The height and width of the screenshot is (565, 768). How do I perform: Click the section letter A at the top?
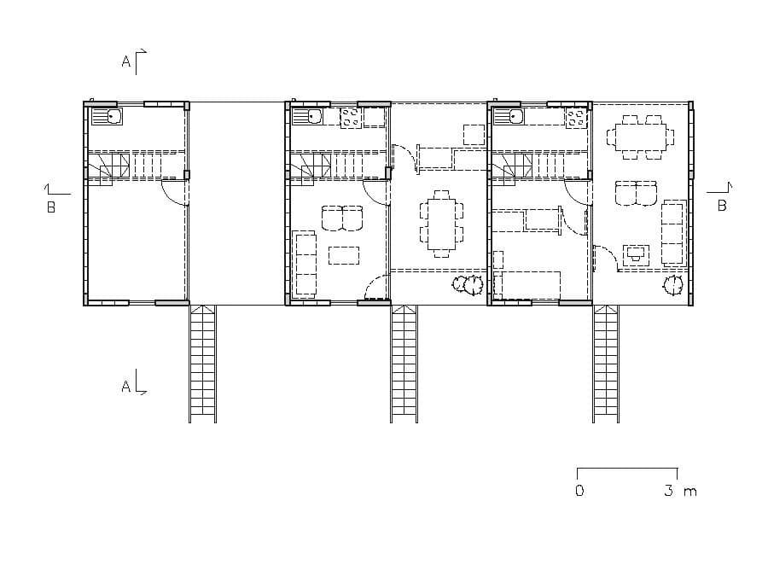pyautogui.click(x=126, y=61)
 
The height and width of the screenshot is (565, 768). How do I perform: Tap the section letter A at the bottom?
pyautogui.click(x=126, y=387)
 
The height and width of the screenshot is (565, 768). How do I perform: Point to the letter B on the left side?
pyautogui.click(x=51, y=207)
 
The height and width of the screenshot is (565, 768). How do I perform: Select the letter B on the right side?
pyautogui.click(x=721, y=206)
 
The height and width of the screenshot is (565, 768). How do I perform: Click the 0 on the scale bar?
pyautogui.click(x=579, y=491)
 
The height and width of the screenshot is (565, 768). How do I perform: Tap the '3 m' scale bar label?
pyautogui.click(x=680, y=491)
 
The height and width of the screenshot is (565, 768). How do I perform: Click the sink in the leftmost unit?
pyautogui.click(x=107, y=117)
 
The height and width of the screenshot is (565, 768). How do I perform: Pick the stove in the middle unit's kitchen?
pyautogui.click(x=352, y=118)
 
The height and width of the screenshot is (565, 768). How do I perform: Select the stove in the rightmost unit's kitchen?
pyautogui.click(x=577, y=118)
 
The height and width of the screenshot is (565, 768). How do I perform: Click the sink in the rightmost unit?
pyautogui.click(x=509, y=117)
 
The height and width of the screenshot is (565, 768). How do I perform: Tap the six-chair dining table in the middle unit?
pyautogui.click(x=441, y=224)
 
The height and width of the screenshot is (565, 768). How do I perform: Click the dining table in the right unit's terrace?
pyautogui.click(x=640, y=137)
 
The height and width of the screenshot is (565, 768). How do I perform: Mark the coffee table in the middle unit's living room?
pyautogui.click(x=343, y=255)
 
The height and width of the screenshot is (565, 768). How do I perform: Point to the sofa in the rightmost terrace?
pyautogui.click(x=674, y=232)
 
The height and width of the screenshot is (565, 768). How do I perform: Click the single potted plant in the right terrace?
pyautogui.click(x=673, y=285)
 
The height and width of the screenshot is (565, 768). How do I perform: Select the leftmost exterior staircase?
pyautogui.click(x=203, y=364)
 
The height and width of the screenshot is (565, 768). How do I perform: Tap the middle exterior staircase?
pyautogui.click(x=404, y=364)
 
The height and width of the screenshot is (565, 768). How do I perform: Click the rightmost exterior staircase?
pyautogui.click(x=606, y=364)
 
